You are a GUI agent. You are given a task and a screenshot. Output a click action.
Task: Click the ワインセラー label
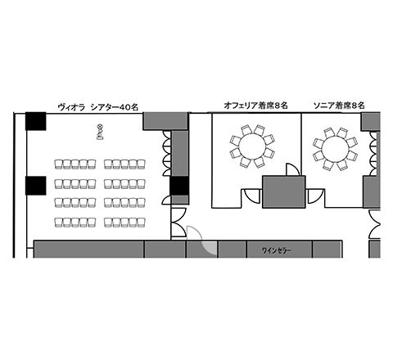pos(276,250)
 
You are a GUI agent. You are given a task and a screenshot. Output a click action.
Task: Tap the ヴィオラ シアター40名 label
pos(98,107)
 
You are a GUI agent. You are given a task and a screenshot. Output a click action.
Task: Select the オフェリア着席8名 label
pos(255,106)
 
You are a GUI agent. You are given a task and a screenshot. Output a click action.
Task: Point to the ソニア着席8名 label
pos(339,106)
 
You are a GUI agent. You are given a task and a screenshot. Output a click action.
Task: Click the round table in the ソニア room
pos(335,149)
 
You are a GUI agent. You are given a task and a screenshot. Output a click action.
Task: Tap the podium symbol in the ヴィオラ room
pos(100,132)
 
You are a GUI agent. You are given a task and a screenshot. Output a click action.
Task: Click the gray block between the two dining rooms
pos(284,192)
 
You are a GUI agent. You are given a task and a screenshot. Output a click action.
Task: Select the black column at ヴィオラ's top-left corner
pos(36,121)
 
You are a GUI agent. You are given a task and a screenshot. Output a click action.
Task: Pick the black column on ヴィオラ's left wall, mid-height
pos(36,186)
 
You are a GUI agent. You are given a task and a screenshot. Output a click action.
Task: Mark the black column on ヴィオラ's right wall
pos(179,186)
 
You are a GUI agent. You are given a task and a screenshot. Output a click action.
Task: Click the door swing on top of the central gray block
pos(293,169)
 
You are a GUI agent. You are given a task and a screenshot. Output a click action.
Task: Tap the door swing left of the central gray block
pos(252,196)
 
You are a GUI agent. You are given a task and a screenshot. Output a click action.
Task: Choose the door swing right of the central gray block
pos(316,196)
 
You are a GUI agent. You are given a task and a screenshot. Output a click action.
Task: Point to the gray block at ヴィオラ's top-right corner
pos(165,121)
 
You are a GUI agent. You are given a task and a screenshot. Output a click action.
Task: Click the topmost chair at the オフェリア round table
pos(246,129)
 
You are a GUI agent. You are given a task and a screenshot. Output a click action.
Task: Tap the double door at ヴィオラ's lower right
pos(178,222)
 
